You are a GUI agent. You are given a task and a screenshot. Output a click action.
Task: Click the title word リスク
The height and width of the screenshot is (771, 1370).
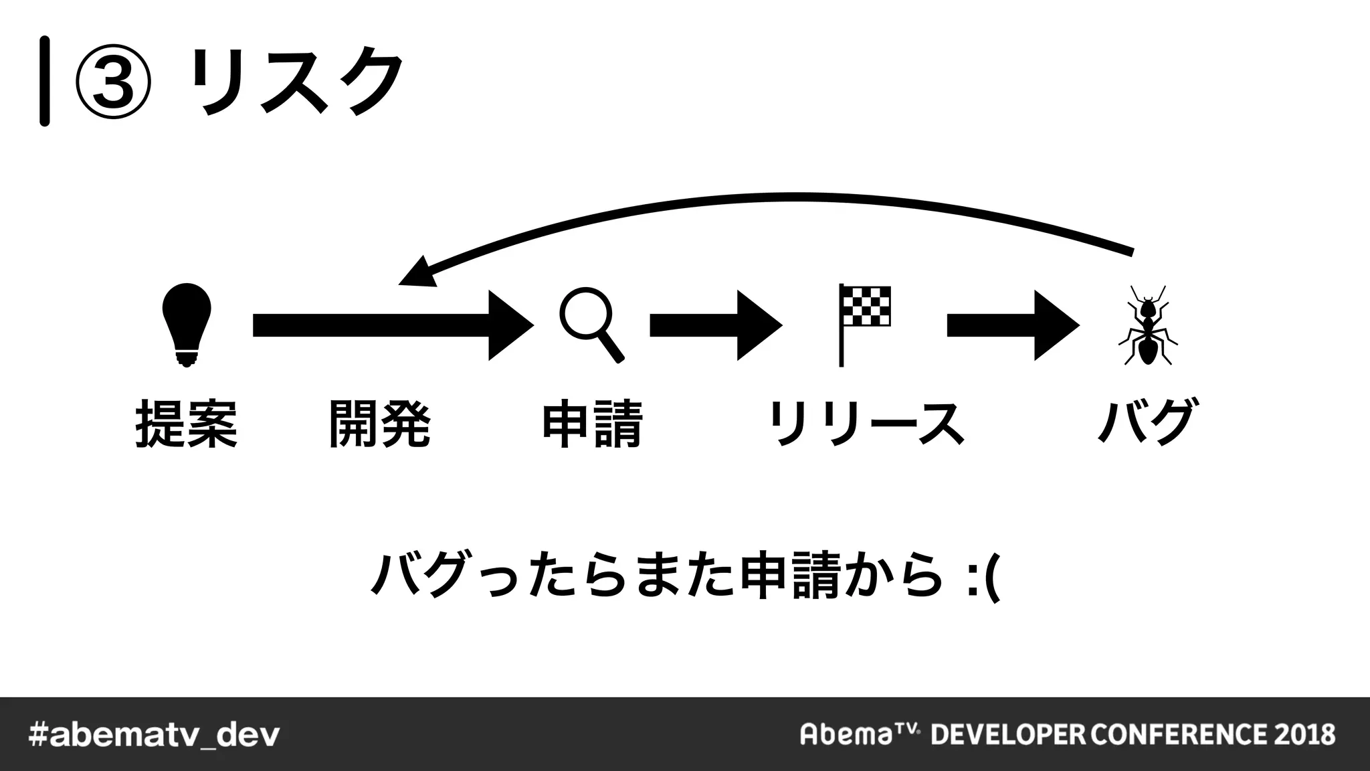point(296,82)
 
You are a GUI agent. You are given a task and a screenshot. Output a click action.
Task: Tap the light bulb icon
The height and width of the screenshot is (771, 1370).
point(187,325)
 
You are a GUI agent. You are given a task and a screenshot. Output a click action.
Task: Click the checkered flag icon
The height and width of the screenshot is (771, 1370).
point(864,325)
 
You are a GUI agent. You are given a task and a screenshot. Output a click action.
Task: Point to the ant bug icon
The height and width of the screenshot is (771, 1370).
point(1147,326)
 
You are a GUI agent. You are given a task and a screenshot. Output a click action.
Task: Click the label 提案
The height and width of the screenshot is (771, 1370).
point(187,424)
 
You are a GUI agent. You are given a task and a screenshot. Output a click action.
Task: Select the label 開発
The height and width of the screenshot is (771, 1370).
point(379,424)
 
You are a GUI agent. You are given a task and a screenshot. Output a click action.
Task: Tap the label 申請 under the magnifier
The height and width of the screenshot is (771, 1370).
point(592,424)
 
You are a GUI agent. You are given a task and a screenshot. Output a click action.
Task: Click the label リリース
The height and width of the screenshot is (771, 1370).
point(866,424)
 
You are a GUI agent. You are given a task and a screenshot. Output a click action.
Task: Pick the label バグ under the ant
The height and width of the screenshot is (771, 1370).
point(1147,422)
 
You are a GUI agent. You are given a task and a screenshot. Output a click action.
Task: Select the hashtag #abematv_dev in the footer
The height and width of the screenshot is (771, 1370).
point(155,735)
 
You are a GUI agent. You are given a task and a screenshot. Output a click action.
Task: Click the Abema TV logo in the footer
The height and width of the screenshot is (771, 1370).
point(860,734)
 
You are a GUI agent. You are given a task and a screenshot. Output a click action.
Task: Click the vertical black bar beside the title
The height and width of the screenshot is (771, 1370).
point(44,82)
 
